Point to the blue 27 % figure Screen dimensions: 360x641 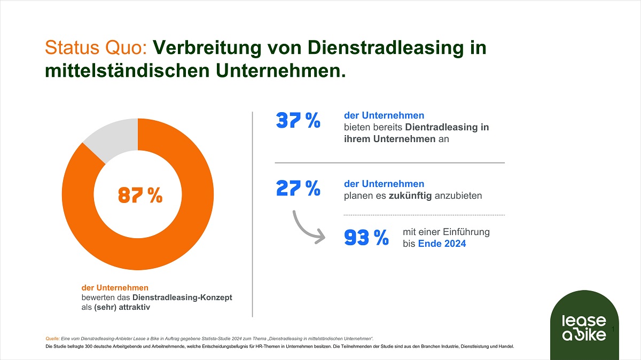[298, 188]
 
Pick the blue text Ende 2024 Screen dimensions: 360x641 [442, 244]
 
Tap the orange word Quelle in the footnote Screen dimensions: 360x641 [52, 339]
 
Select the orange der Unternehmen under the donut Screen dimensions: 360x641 [115, 287]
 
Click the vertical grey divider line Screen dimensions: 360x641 [252, 214]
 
